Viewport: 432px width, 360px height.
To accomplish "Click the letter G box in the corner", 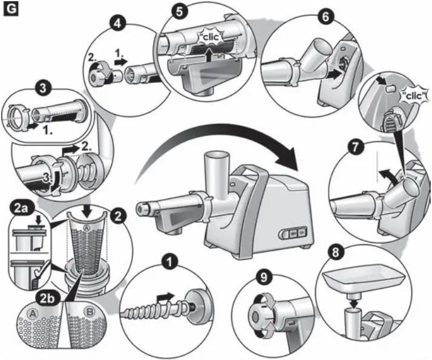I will (10, 10).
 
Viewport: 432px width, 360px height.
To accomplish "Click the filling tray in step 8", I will (361, 281).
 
